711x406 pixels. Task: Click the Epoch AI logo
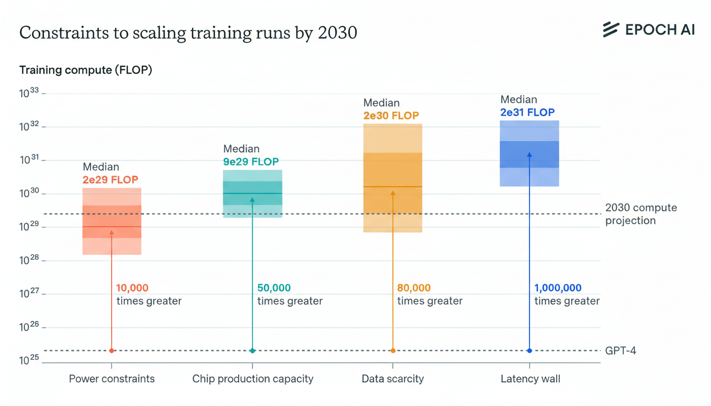pos(649,30)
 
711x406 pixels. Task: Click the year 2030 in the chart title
pos(338,33)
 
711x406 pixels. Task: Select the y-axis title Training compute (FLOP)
pos(86,70)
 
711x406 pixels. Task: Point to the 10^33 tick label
pos(30,94)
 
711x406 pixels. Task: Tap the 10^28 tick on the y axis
pos(30,261)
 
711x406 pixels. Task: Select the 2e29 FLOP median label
pos(110,180)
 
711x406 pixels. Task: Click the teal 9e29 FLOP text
pos(251,162)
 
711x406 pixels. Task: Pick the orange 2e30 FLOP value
pos(391,116)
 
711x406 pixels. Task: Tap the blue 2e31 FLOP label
pos(527,112)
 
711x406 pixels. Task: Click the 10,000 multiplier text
pos(132,288)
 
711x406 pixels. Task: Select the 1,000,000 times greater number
pos(558,288)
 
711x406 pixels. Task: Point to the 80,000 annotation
pos(414,288)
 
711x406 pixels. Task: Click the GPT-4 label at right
pos(620,350)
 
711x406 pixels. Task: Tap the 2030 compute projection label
pos(640,214)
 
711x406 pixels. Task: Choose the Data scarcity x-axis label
pos(393,379)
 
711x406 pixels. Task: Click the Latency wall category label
pos(530,379)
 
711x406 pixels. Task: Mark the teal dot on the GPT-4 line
pos(252,350)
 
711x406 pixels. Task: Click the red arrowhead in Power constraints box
pos(112,232)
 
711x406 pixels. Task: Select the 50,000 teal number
pos(274,288)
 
